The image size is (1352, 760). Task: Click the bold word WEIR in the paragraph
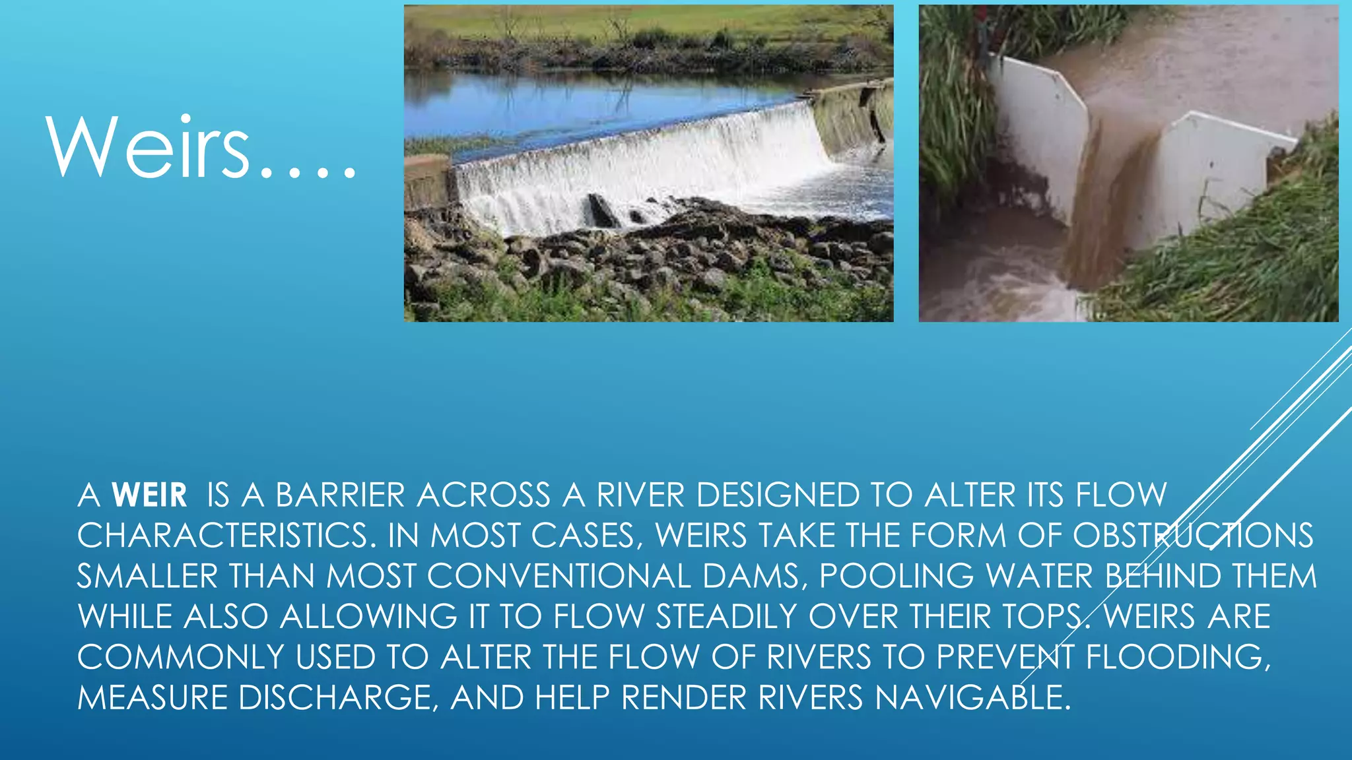(150, 495)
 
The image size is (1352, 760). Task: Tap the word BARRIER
(340, 495)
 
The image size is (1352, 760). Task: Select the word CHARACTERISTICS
(222, 536)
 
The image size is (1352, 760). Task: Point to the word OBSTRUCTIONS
(1193, 536)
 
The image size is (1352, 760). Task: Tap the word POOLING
(896, 577)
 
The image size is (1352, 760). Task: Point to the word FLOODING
(1178, 658)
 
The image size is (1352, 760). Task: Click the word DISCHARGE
(335, 698)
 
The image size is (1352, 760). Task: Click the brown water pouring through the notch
(1099, 218)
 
